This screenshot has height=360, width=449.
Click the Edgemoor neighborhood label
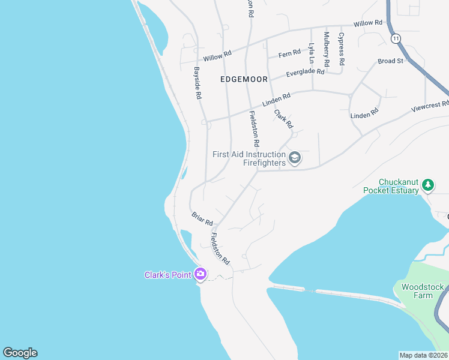pos(244,79)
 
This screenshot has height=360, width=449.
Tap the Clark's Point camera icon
pos(200,274)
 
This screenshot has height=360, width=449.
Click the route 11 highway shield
pos(395,38)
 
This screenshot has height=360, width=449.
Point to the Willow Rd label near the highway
pos(367,23)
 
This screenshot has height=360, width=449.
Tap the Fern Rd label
pos(289,54)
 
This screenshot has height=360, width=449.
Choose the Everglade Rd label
pos(305,73)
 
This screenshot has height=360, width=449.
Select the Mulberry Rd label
pos(327,49)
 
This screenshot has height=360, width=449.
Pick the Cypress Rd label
pos(341,49)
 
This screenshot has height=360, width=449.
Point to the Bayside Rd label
pos(197,83)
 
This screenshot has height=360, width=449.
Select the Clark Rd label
pos(283,118)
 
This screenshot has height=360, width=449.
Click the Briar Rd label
pos(202,218)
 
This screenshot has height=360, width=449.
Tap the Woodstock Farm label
pos(417,291)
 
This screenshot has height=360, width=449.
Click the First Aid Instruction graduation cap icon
pos(295,158)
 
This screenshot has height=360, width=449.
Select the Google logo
pos(20,353)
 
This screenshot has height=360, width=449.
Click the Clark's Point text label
pos(167,275)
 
